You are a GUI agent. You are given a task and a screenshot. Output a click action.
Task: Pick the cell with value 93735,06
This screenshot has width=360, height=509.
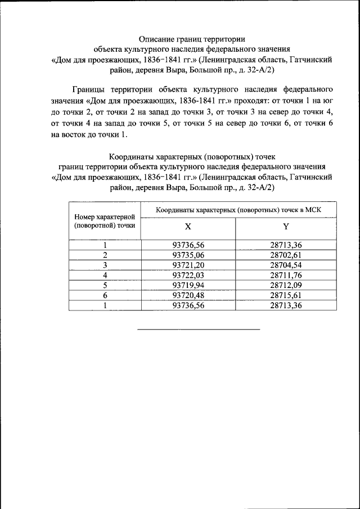coord(188,255)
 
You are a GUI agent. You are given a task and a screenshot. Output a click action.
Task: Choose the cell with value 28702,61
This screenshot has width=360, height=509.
coord(286,255)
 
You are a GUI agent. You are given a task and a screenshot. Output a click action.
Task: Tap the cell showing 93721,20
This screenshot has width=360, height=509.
coord(188,265)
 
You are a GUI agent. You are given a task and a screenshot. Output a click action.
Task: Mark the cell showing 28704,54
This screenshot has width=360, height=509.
coord(286,265)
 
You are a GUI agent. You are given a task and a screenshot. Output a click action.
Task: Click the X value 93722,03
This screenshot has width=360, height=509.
coord(188,275)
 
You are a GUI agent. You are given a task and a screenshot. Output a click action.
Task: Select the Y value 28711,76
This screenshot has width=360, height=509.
coord(286,275)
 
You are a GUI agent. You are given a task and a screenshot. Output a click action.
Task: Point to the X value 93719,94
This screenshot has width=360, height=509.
coord(188,285)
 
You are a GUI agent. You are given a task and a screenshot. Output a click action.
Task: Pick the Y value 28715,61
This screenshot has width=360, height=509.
coord(286,295)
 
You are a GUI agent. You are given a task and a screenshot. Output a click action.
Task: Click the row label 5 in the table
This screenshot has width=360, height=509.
coord(105,285)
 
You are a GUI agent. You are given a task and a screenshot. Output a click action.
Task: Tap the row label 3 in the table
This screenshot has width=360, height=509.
coord(105,265)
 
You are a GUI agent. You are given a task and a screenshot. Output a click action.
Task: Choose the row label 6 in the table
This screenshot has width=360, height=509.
coord(105,295)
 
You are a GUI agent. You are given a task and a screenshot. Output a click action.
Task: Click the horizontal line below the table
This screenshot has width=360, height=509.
coord(199,328)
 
